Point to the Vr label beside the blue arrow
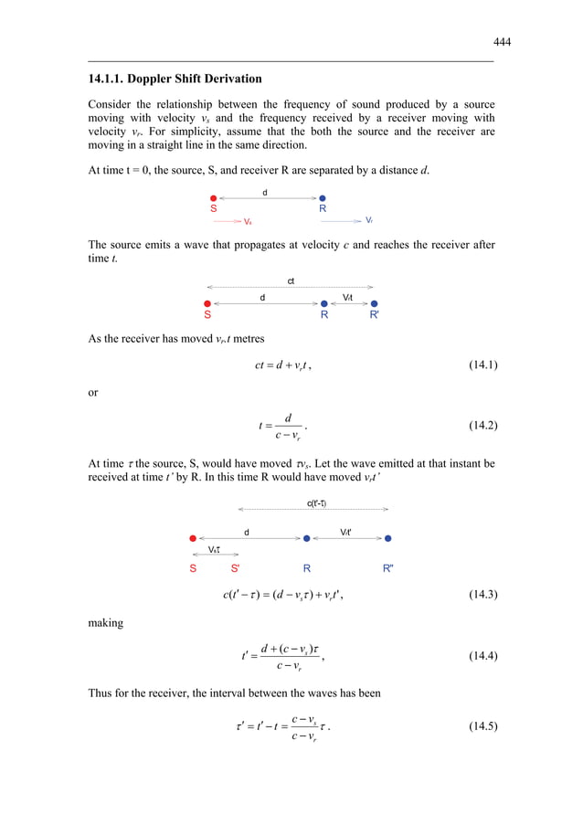(369, 220)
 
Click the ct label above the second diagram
(291, 280)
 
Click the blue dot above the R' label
(374, 303)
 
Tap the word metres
(245, 338)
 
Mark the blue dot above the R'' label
(388, 539)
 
